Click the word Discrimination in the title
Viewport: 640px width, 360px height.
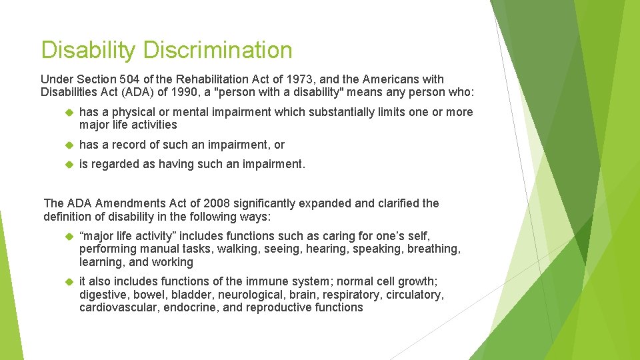tap(217, 50)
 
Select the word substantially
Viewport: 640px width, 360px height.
tap(339, 112)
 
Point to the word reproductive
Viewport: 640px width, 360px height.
tap(282, 307)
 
